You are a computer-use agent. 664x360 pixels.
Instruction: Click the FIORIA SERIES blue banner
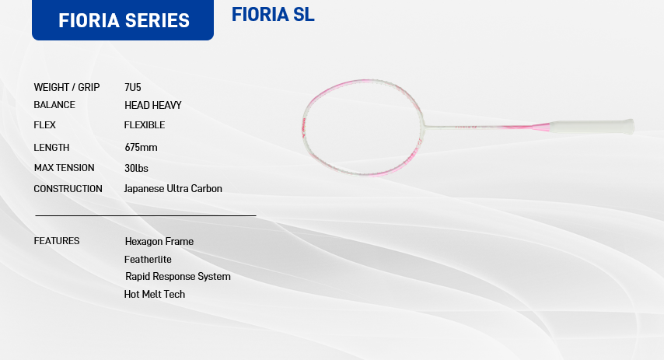coord(123,20)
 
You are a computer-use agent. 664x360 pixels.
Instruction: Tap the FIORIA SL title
coord(273,15)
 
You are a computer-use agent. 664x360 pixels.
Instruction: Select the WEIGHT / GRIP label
coord(67,87)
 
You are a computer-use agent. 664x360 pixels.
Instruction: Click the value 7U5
coord(132,87)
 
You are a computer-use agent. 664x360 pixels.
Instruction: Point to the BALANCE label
coord(54,105)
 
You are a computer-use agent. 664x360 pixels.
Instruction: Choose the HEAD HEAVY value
coord(153,105)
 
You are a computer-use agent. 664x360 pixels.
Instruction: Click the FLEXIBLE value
coord(145,125)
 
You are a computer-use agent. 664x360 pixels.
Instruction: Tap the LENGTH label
coord(51,148)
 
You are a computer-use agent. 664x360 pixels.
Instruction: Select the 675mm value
coord(141,148)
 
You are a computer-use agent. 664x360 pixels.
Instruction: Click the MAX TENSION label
coord(64,168)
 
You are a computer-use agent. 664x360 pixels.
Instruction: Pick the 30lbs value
coord(136,168)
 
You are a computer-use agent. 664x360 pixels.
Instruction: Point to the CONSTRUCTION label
coord(68,188)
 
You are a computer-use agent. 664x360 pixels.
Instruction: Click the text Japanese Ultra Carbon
coord(173,188)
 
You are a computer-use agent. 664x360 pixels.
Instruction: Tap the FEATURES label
coord(57,240)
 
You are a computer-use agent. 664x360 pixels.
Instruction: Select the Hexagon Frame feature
coord(159,241)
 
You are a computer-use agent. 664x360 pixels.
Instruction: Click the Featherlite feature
coord(148,259)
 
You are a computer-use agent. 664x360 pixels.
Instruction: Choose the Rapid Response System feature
coord(178,277)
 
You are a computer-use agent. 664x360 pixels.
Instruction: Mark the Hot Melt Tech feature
coord(155,294)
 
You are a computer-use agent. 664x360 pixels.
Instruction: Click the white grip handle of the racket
coord(592,127)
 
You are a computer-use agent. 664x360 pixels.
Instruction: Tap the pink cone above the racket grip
coord(541,127)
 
